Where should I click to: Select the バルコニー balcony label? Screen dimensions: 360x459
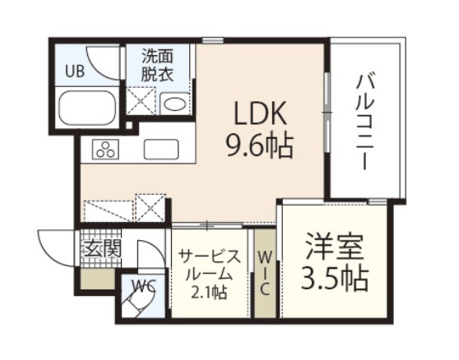[364, 121]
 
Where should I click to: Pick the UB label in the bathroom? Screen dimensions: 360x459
[74, 71]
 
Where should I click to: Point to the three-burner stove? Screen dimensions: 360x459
[106, 150]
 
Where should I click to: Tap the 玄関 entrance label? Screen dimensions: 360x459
[99, 246]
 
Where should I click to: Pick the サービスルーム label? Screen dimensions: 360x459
[210, 265]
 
